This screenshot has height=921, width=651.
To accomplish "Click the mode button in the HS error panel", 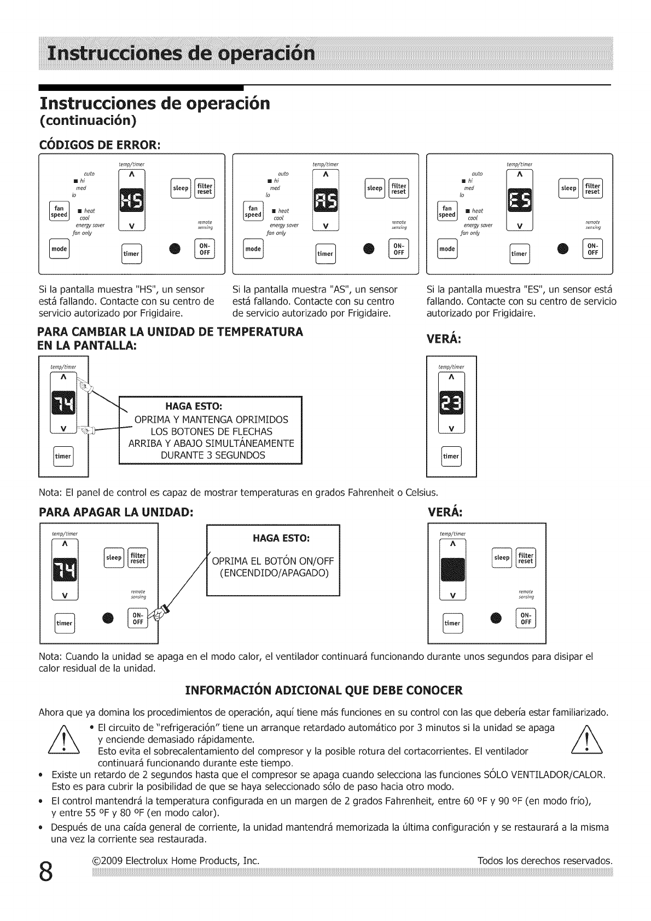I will pos(59,249).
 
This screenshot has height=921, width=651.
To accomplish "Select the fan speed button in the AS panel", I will pos(253,211).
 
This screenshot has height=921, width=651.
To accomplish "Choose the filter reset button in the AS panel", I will pos(399,188).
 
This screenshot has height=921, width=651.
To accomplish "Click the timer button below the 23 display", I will pos(451,456).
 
